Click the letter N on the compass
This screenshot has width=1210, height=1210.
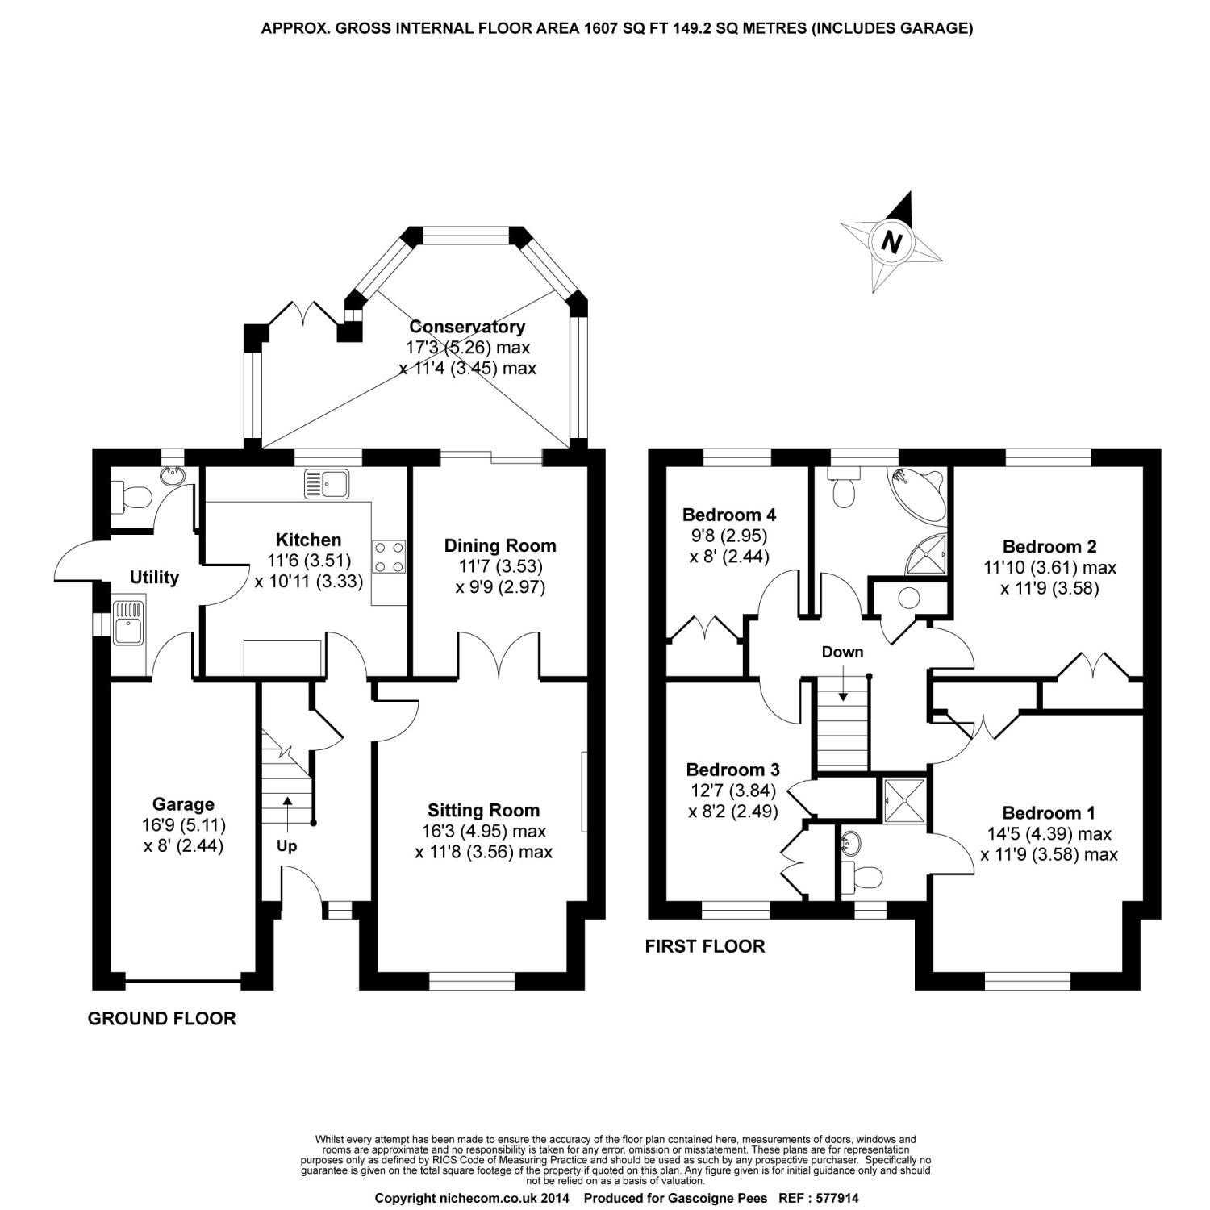pyautogui.click(x=891, y=241)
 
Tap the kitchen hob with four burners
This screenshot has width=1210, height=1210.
pyautogui.click(x=389, y=557)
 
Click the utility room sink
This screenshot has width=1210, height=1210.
pyautogui.click(x=128, y=621)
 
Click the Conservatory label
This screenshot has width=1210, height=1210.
pyautogui.click(x=467, y=327)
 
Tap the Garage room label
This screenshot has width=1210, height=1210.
pyautogui.click(x=184, y=803)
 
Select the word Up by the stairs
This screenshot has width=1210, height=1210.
pyautogui.click(x=286, y=846)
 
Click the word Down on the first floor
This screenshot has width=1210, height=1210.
pyautogui.click(x=842, y=652)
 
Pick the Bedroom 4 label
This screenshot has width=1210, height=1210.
pyautogui.click(x=728, y=515)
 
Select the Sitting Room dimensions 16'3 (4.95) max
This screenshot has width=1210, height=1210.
pyautogui.click(x=483, y=831)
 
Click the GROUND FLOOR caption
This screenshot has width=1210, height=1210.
pyautogui.click(x=161, y=1019)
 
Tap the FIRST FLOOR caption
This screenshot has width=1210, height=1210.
pyautogui.click(x=704, y=946)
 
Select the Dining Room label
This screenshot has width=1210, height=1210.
pyautogui.click(x=500, y=546)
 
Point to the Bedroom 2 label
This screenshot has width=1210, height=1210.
pyautogui.click(x=1049, y=547)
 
